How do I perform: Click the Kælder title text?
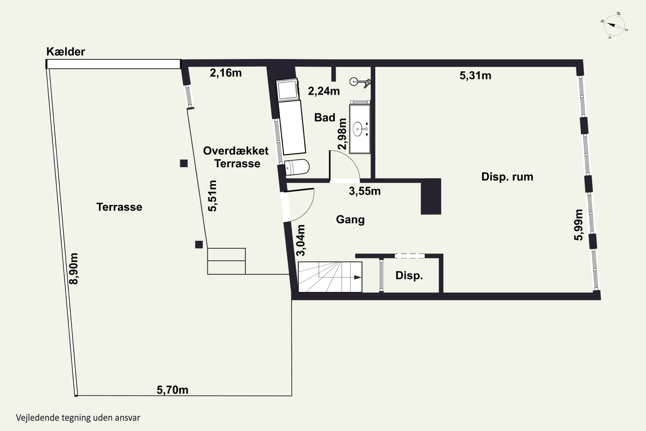pos(66,52)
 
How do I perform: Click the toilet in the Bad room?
pos(297,167)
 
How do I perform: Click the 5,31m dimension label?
pos(475,76)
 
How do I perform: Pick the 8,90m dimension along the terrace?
pos(74,269)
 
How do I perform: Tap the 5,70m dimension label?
pos(172,390)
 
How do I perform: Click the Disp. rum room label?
pos(507,177)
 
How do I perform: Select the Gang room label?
pos(350,220)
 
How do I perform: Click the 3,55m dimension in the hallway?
pos(365,191)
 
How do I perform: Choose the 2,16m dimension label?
pos(226,73)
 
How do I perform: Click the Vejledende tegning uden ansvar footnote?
pos(78,418)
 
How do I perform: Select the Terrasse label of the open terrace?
pos(119,207)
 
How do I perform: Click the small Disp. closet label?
pos(409,275)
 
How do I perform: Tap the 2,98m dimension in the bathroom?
pos(342,134)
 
